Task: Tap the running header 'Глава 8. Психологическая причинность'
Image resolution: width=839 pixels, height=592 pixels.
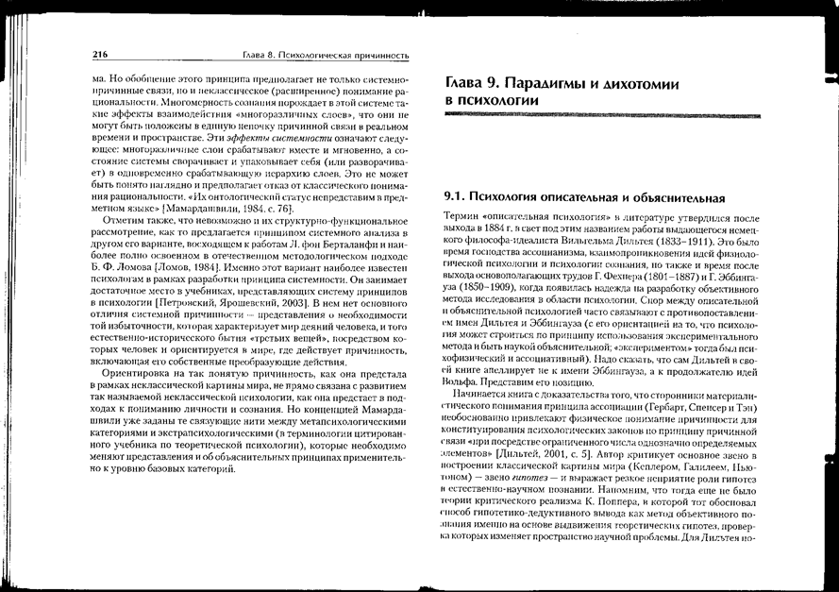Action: [326, 55]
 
